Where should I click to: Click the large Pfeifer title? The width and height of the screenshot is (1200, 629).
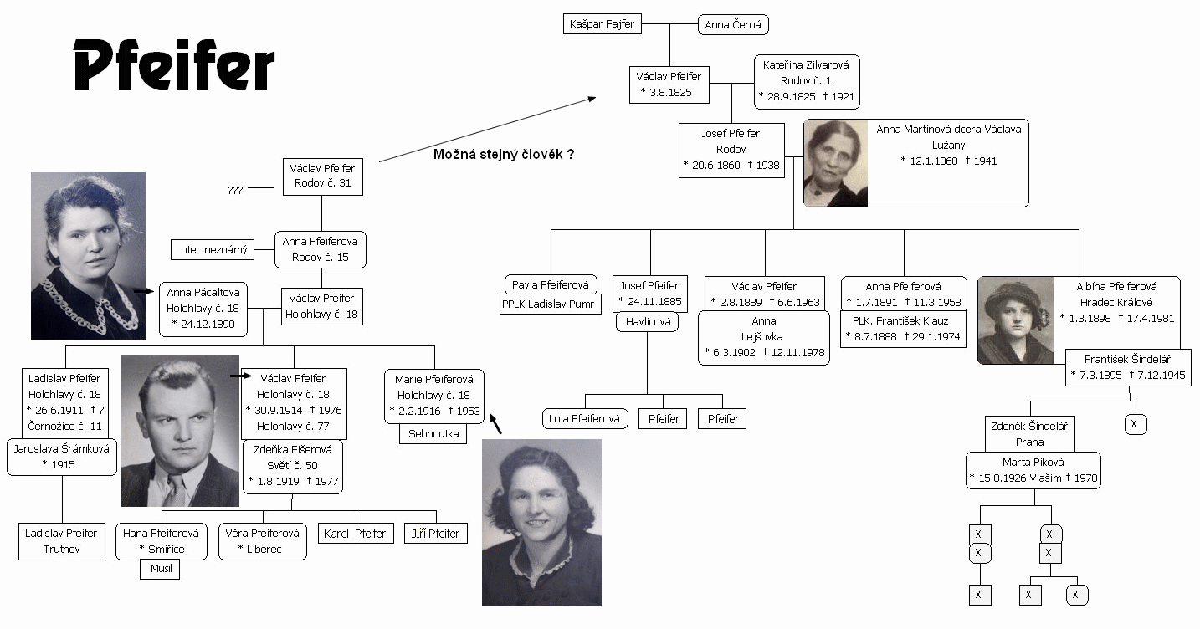(x=174, y=66)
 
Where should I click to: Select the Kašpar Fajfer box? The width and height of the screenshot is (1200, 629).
(x=602, y=24)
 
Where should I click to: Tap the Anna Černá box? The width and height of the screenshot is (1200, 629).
(x=733, y=25)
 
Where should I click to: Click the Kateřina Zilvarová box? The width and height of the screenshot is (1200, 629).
(x=806, y=81)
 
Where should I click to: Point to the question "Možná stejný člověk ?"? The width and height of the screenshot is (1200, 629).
(x=503, y=155)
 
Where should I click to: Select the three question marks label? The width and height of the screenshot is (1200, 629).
(x=235, y=190)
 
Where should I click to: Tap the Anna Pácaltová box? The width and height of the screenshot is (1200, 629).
(x=203, y=308)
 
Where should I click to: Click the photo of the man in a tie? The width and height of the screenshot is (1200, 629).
(x=180, y=430)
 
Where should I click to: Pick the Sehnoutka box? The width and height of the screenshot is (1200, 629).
(x=433, y=434)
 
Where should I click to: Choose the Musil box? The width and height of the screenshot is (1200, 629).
(x=160, y=569)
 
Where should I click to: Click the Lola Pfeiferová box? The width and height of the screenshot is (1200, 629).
(x=585, y=418)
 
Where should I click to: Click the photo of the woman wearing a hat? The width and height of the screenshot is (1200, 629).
(x=1017, y=320)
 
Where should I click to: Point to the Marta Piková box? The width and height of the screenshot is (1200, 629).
(x=1033, y=470)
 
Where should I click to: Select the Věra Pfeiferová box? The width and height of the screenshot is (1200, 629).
(x=262, y=540)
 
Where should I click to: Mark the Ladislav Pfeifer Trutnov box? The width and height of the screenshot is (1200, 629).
(x=61, y=541)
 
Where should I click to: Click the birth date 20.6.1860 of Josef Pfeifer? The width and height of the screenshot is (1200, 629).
(x=712, y=165)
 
